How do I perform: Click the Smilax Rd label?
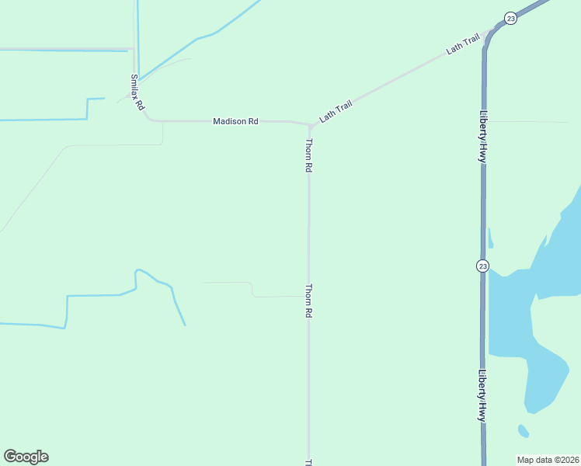137,91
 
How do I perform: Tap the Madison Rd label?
235,121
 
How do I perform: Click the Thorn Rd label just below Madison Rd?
309,155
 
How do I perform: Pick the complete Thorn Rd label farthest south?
309,301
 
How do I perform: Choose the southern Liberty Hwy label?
483,395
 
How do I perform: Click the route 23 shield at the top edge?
510,18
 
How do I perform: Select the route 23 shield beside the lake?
483,266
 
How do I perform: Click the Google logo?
26,457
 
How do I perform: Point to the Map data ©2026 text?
548,460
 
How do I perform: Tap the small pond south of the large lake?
524,430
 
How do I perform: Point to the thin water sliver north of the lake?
490,238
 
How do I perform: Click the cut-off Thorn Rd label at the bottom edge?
309,462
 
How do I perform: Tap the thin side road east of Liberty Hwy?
528,122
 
